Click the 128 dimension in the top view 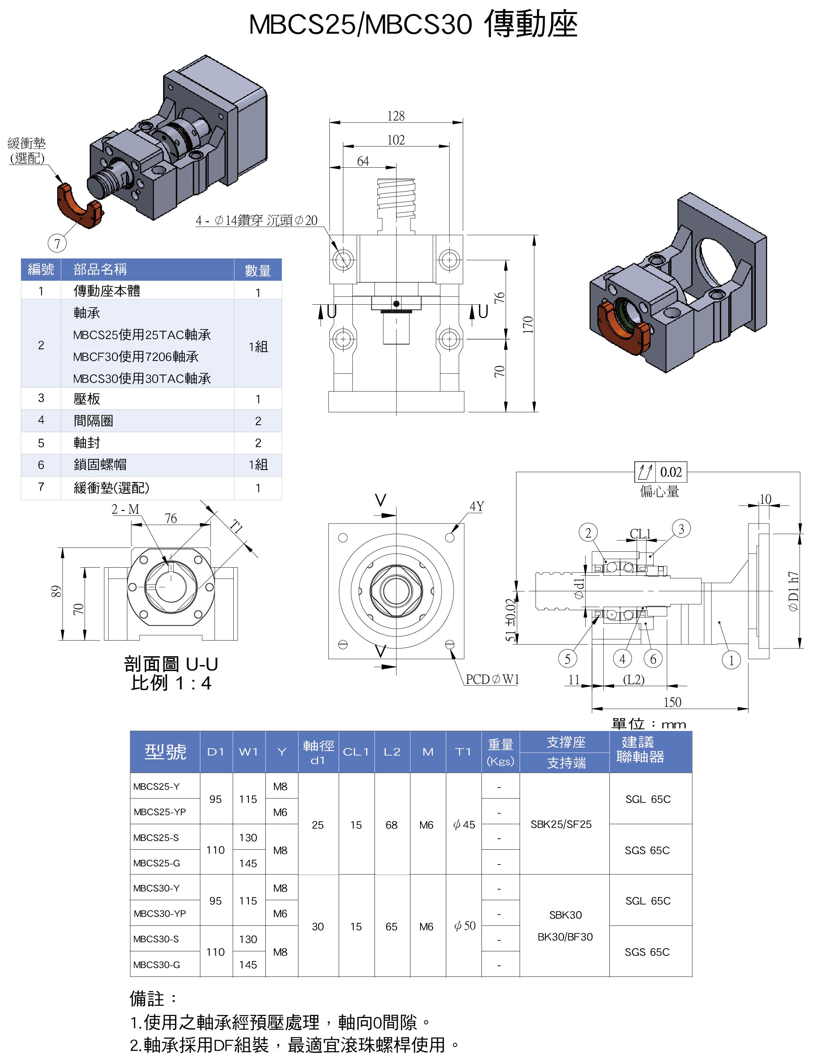pos(395,116)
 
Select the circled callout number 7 pos(57,243)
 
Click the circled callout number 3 pos(681,529)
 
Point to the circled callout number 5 pos(568,658)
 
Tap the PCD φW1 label pos(492,679)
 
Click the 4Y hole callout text pos(477,506)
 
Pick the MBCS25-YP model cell pos(160,812)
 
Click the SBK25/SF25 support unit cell pos(561,824)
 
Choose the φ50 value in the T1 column pos(465,926)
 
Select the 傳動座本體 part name pos(107,291)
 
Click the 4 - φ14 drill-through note pos(257,221)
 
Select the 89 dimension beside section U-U pos(56,592)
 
